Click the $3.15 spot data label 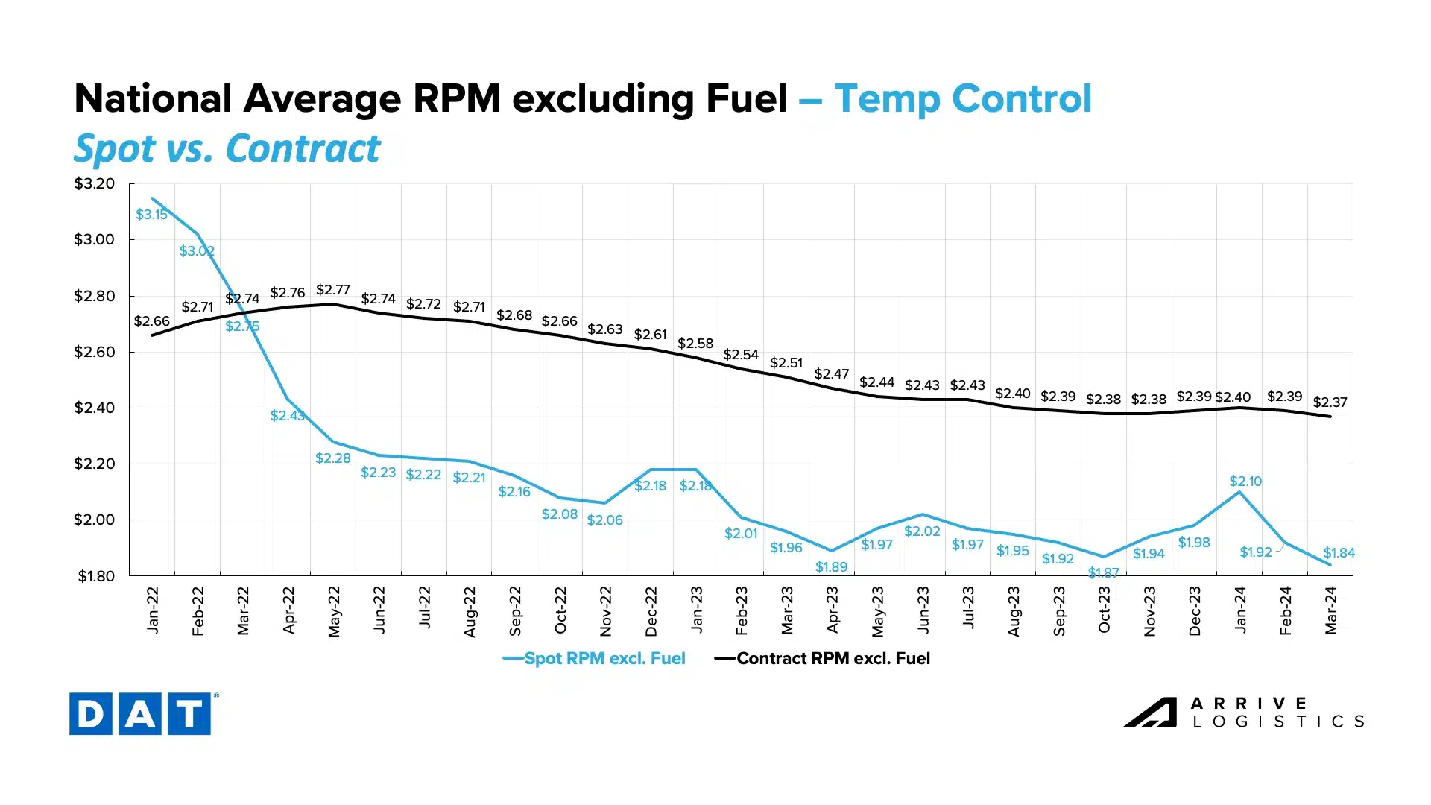[151, 215]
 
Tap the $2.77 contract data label [332, 289]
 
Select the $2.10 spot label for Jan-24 [1245, 482]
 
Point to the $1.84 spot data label [1339, 553]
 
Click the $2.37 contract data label [1330, 402]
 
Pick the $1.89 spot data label [831, 567]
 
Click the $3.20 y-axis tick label [95, 183]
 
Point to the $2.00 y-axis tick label [95, 520]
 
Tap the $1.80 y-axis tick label [96, 576]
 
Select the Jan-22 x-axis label [153, 610]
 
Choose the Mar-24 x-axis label [1331, 610]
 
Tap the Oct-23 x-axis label [1105, 610]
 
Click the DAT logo [140, 714]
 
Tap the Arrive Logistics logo [1244, 713]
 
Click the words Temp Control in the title [962, 99]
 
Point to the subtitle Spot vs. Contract [227, 148]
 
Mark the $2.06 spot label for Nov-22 [604, 520]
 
